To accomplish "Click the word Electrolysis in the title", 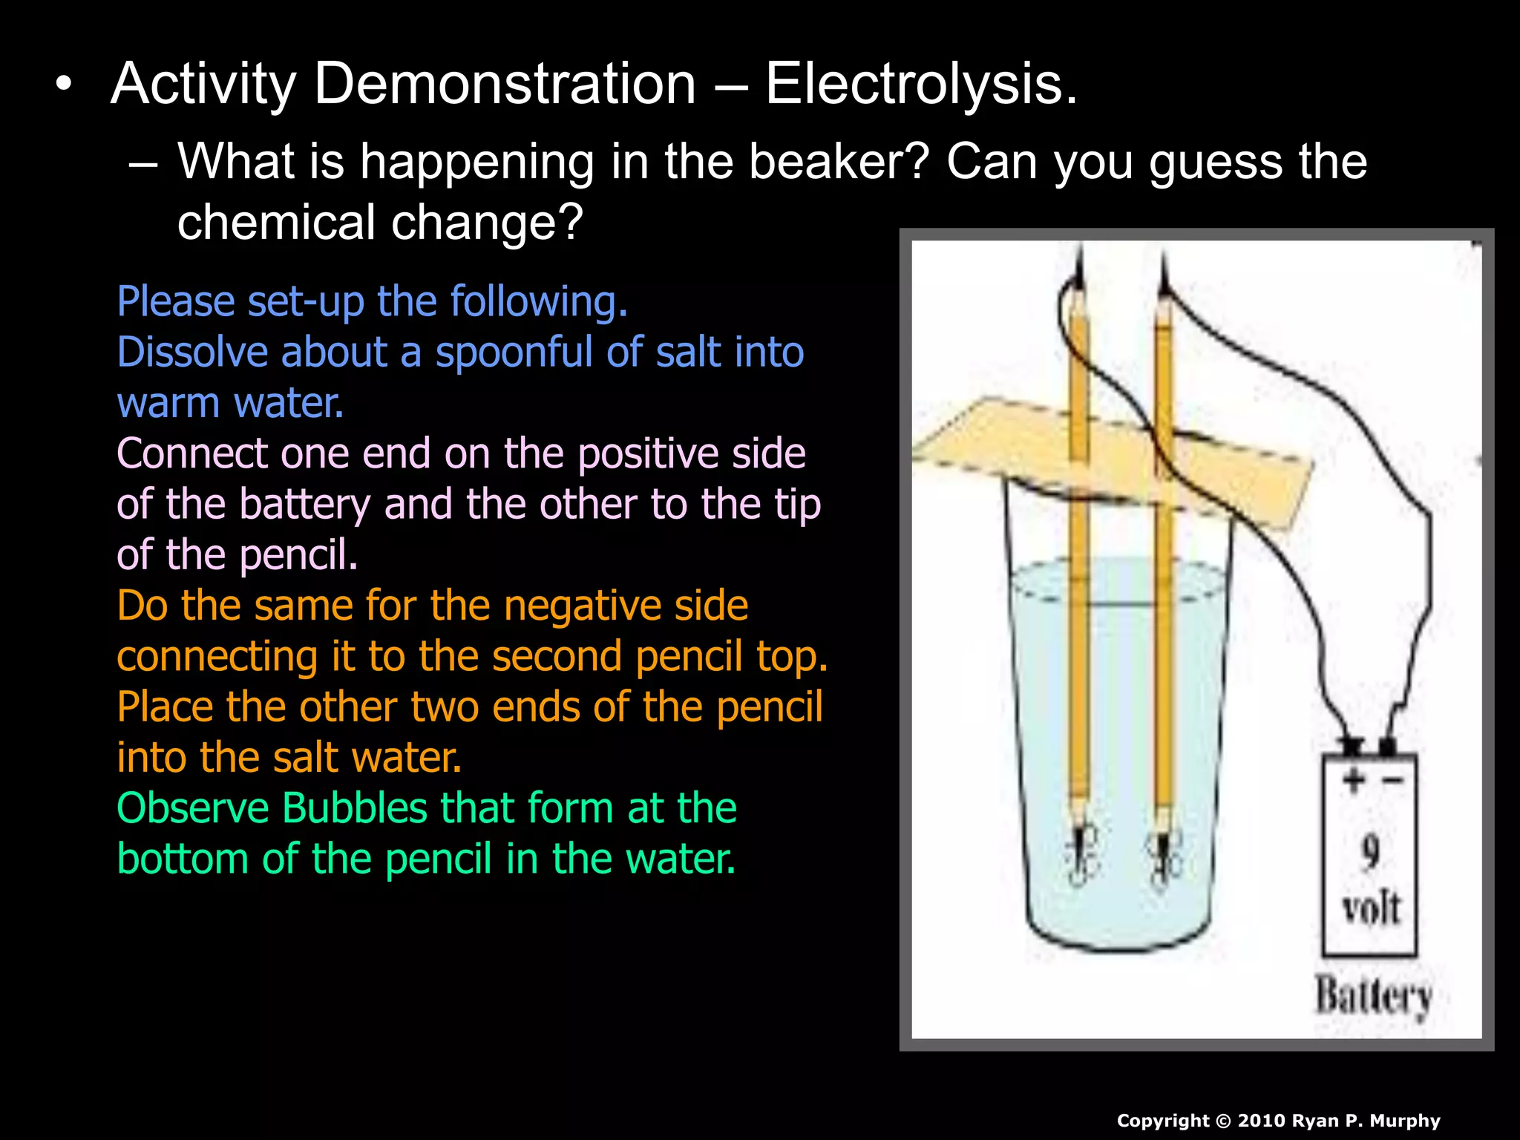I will click(x=920, y=84).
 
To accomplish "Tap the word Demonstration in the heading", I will click(x=505, y=84).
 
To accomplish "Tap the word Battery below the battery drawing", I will click(x=1374, y=995).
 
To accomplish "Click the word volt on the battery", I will click(x=1371, y=907).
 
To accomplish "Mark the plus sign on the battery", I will click(x=1353, y=779).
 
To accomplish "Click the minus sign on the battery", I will click(x=1392, y=780).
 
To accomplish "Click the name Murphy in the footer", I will click(x=1404, y=1121).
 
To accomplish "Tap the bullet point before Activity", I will click(x=65, y=84).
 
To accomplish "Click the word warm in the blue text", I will click(x=168, y=403).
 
